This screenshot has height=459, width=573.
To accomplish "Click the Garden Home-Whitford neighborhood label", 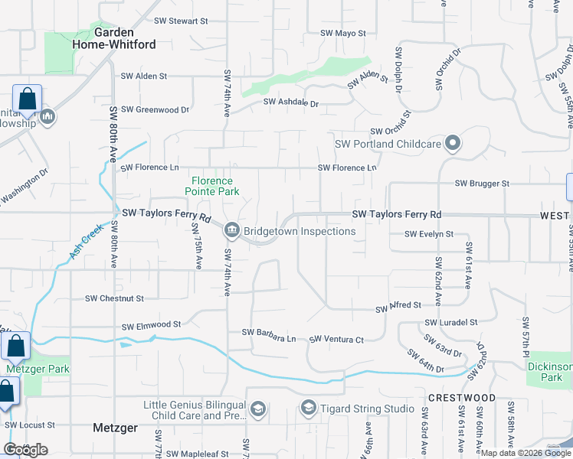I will click(x=125, y=38).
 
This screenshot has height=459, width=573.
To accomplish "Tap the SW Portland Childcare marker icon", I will click(x=453, y=143).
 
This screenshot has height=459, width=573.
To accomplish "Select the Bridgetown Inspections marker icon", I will click(x=231, y=230).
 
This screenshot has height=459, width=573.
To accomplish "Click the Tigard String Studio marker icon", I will click(x=309, y=408).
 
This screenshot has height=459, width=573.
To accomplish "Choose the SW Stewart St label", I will click(x=181, y=21).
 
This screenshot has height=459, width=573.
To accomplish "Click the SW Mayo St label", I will click(x=343, y=34).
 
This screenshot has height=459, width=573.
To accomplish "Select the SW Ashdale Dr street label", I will click(x=290, y=102).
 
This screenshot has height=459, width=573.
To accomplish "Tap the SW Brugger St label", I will click(x=482, y=184).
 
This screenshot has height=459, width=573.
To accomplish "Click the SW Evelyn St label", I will click(x=429, y=234).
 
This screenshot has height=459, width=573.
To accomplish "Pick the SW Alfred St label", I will click(x=398, y=306).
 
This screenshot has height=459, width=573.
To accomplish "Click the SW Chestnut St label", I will click(x=114, y=298).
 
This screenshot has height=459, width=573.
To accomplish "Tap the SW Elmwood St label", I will click(x=151, y=325).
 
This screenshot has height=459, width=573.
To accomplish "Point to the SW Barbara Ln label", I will click(x=268, y=333).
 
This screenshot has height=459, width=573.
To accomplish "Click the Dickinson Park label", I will click(x=550, y=372).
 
